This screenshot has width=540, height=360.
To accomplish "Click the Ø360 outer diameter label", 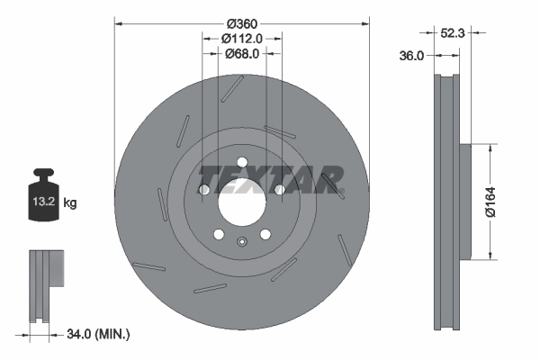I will pos(242,22).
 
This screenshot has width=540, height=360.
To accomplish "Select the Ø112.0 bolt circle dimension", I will pos(241,38).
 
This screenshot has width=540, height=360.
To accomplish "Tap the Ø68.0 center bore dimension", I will pos(241,53).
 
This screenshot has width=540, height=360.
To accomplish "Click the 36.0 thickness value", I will pos(411,56).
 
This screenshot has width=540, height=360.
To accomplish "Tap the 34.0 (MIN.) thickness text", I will pos(100,335).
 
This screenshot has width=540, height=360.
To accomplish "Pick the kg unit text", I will pos(69,203).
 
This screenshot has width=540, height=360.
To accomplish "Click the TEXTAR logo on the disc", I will pos(270,176).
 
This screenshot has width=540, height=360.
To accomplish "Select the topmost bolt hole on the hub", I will pos(241,162).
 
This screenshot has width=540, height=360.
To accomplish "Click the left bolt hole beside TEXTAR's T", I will pos(204,190).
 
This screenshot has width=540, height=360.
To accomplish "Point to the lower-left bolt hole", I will pos(218,234).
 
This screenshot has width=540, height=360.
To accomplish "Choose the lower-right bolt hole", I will pos(265,234).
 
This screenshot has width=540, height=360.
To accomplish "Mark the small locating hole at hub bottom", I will pos(241,240).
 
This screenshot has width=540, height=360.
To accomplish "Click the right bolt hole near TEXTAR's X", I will pos(279,190).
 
